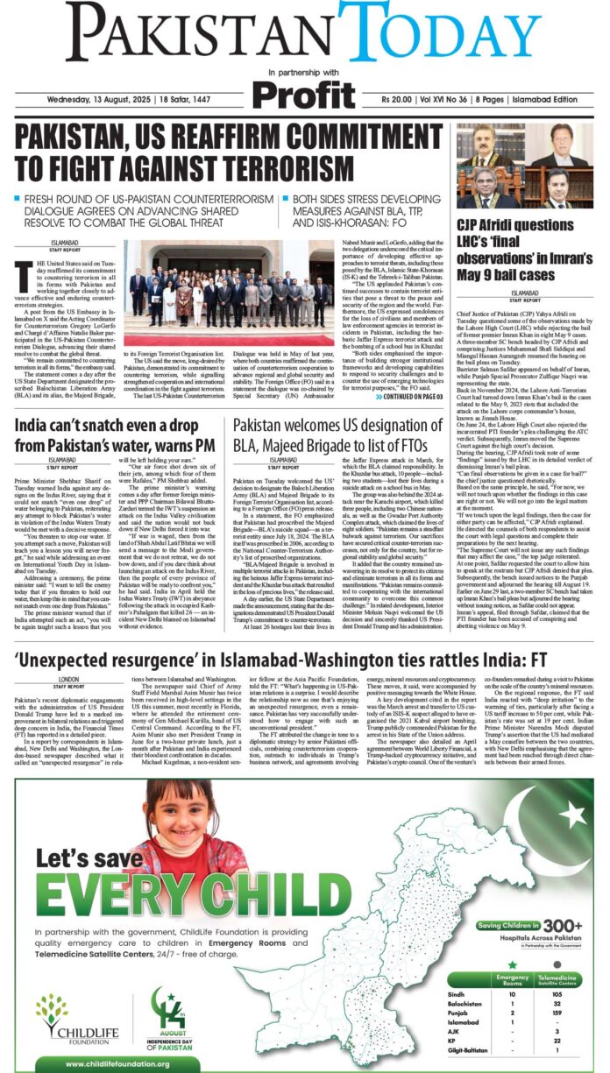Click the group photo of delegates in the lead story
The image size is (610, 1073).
[x=225, y=293]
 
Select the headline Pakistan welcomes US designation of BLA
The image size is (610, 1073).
[x=337, y=436]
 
